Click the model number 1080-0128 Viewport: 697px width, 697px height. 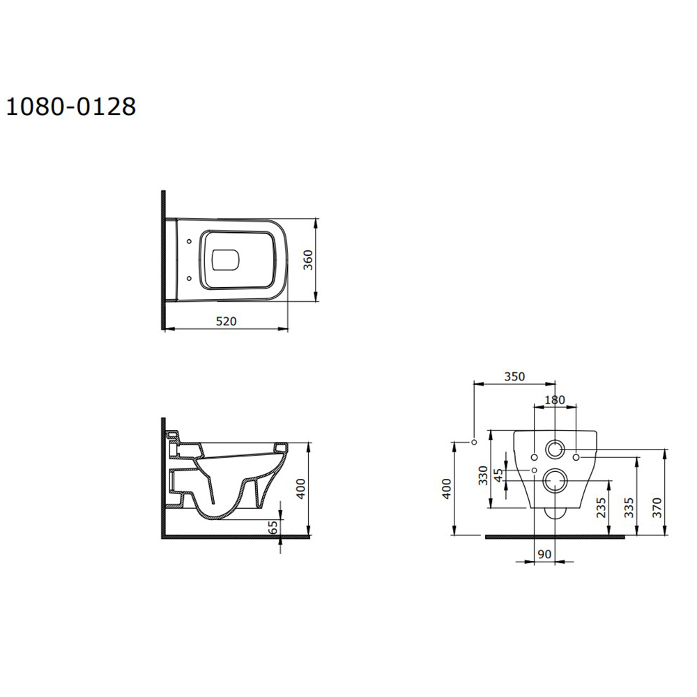pyautogui.click(x=70, y=107)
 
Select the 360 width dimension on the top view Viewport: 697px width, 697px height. pyautogui.click(x=308, y=260)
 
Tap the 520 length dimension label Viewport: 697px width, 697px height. pyautogui.click(x=227, y=321)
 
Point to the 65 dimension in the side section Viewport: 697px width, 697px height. pyautogui.click(x=274, y=527)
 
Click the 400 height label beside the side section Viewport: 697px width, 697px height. pyautogui.click(x=301, y=489)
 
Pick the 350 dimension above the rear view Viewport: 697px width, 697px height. pyautogui.click(x=514, y=376)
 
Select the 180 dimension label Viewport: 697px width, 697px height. pyautogui.click(x=554, y=399)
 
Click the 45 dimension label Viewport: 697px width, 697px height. pyautogui.click(x=499, y=475)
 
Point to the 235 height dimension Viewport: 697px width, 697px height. pyautogui.click(x=601, y=507)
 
